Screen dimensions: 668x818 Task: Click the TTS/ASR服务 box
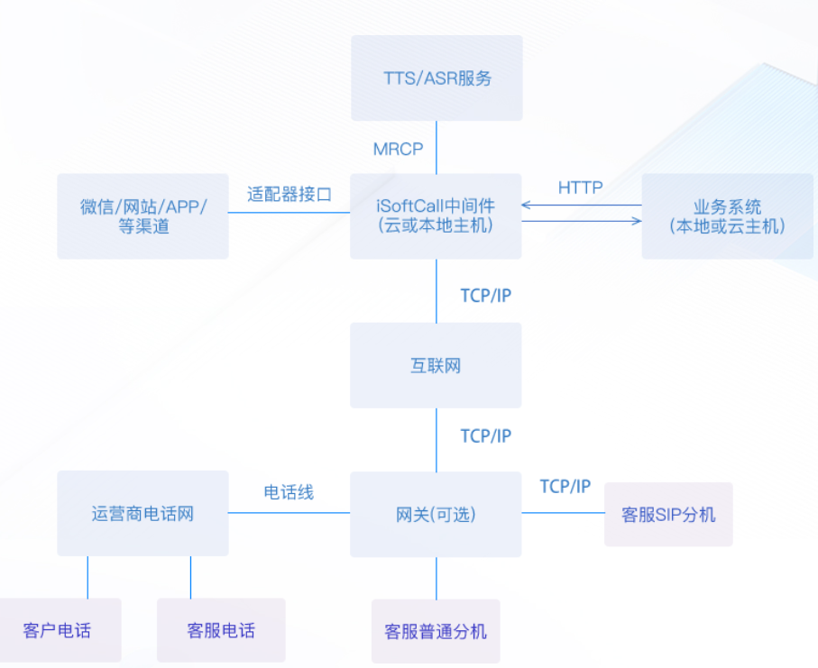437,78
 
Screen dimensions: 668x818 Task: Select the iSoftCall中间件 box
437,215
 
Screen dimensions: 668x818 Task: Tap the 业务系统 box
727,216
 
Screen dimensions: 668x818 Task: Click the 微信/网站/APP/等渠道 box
142,216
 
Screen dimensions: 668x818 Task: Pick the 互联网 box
437,365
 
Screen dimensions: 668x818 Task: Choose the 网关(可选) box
437,514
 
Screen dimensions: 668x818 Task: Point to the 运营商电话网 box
142,514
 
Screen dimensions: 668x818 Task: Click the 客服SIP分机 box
668,515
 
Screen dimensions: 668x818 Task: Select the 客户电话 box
59,630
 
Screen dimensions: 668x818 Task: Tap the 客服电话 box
221,630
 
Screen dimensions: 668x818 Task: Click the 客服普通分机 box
436,630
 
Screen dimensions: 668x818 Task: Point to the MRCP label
398,149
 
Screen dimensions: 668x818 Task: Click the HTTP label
580,188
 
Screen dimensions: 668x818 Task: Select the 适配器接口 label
290,194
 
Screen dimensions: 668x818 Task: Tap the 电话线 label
289,492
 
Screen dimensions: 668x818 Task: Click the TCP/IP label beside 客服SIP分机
565,487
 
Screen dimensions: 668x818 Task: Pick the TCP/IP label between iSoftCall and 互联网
485,296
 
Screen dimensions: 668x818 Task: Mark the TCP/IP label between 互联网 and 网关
485,436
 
